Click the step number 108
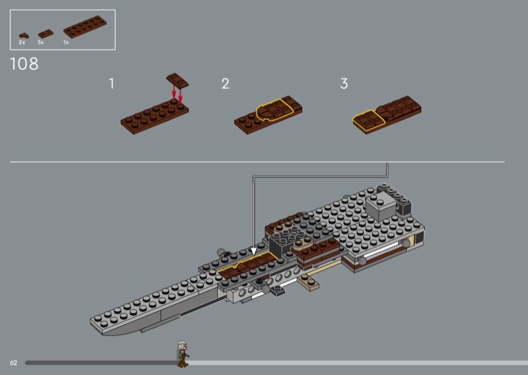[24, 63]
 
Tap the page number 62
[13, 362]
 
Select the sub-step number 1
[112, 84]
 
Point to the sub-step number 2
[225, 84]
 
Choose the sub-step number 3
[344, 84]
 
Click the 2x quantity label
[22, 42]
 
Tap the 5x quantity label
[41, 42]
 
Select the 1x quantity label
[66, 42]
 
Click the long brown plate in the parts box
[85, 26]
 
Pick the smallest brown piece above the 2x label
[24, 36]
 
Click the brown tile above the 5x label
[46, 34]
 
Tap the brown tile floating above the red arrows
[177, 80]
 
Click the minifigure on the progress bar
[182, 354]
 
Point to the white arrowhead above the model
[253, 251]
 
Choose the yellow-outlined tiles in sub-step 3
[368, 121]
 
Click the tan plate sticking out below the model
[308, 283]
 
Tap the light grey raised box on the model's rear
[381, 205]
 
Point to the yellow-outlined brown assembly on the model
[247, 265]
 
